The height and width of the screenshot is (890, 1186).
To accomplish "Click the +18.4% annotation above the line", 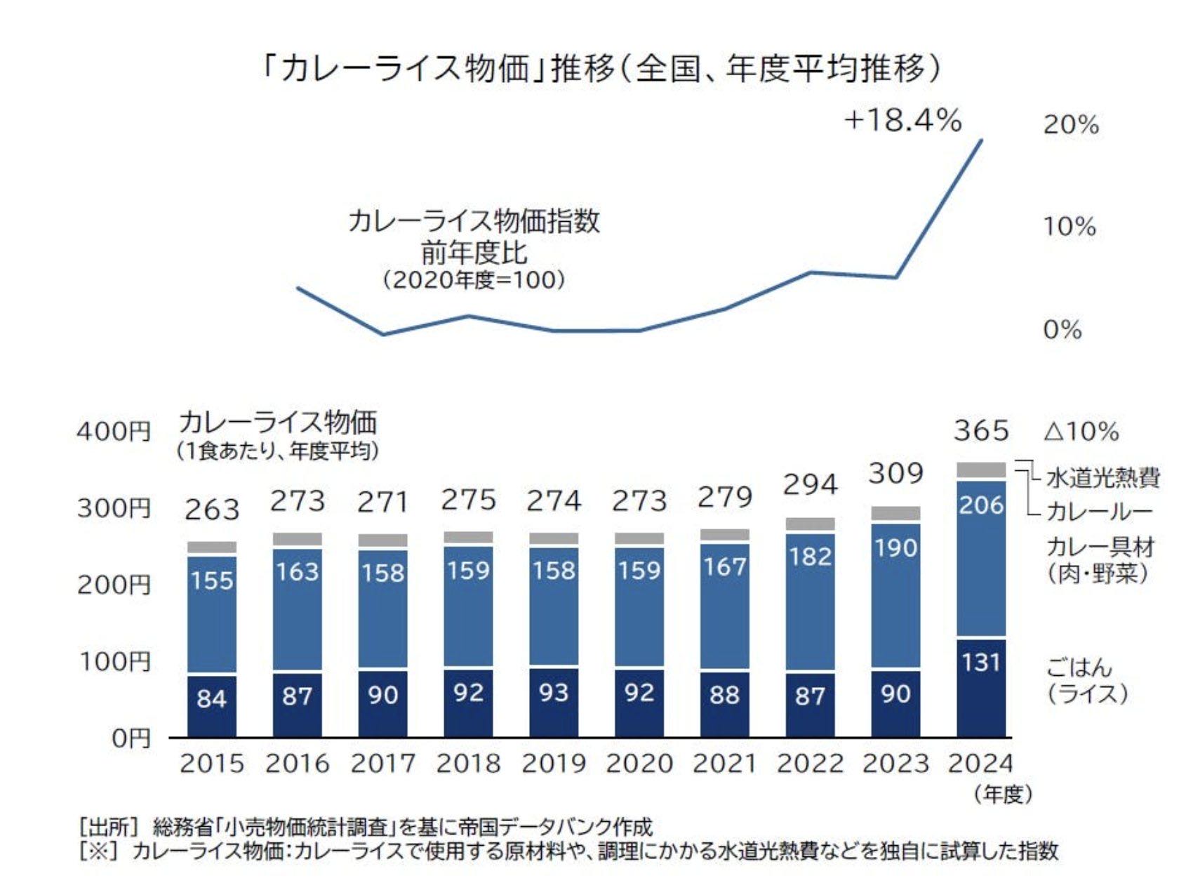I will click(x=902, y=121).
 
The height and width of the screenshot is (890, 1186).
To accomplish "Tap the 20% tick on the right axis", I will click(x=1070, y=125).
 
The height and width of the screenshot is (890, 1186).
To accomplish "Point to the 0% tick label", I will click(x=1062, y=329).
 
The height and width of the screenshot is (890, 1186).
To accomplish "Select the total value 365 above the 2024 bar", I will click(x=981, y=430).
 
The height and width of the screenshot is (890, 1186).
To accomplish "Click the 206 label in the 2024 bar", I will click(x=981, y=505).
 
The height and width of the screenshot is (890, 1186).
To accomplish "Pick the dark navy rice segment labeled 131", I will click(x=981, y=686).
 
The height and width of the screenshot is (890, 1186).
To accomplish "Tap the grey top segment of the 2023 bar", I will click(x=895, y=513).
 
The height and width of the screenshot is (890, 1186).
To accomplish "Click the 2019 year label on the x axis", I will click(x=554, y=763).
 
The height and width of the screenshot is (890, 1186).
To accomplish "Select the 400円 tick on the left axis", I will click(x=114, y=430).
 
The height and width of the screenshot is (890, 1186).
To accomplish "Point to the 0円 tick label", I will click(x=131, y=738).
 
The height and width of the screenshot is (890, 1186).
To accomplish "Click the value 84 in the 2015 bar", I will click(x=211, y=698).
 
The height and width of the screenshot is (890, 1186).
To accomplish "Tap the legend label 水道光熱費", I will click(x=1102, y=478).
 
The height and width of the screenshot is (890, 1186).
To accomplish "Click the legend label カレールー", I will click(x=1099, y=512).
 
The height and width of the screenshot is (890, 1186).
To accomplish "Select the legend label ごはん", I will click(x=1079, y=667).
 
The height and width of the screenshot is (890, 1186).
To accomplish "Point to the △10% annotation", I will click(x=1081, y=431).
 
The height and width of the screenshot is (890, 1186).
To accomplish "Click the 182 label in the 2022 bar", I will click(x=810, y=557).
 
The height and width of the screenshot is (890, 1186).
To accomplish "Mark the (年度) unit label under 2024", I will click(x=1003, y=795).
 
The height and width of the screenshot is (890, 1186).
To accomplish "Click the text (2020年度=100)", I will click(x=474, y=280).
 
